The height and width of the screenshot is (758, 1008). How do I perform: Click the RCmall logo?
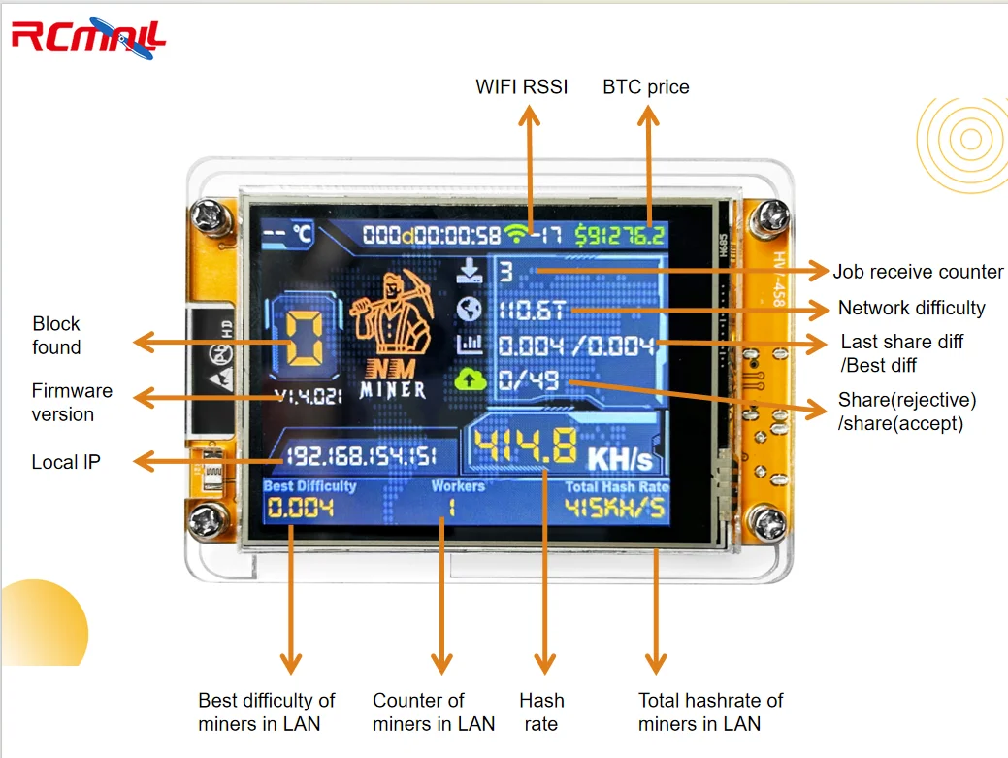(88, 38)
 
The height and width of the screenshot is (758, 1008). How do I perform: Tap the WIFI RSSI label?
(521, 86)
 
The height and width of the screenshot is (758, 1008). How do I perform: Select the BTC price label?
(645, 86)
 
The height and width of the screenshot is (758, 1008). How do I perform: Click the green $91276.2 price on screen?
(620, 234)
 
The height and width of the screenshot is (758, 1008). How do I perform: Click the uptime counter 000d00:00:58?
(432, 234)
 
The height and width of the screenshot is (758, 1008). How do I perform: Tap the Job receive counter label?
(918, 271)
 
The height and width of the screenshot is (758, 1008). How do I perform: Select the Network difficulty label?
(911, 308)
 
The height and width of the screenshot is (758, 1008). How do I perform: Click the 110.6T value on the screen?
(535, 311)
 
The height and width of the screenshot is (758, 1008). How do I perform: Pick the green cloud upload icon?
(469, 379)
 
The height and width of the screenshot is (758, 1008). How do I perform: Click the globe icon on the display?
(469, 309)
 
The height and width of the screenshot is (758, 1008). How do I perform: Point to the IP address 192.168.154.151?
(361, 456)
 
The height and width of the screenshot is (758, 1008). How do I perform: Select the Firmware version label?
(72, 403)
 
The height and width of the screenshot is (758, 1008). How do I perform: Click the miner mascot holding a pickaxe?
(393, 315)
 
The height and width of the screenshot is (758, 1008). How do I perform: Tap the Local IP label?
(65, 462)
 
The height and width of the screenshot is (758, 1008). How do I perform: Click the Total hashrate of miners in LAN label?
(710, 711)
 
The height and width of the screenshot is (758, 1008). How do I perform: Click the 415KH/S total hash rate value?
(616, 508)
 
